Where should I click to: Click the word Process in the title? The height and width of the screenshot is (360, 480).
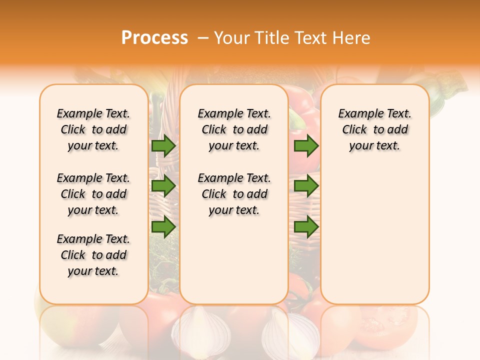(x=154, y=38)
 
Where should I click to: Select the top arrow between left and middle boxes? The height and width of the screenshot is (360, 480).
(x=163, y=145)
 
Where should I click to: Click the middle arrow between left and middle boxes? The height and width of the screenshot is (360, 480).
(x=163, y=186)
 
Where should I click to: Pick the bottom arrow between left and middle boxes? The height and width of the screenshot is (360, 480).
(x=163, y=226)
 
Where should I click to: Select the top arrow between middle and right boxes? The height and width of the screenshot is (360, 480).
(x=306, y=145)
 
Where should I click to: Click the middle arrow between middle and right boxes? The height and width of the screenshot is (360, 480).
(x=306, y=186)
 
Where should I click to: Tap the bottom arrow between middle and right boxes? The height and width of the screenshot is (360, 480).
(x=306, y=226)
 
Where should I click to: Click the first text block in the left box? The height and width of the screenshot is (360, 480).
(x=93, y=129)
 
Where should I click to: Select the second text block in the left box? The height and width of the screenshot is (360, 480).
(x=93, y=194)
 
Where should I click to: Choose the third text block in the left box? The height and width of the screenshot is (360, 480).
(x=93, y=255)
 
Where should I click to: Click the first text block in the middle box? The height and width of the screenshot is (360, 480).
(x=234, y=129)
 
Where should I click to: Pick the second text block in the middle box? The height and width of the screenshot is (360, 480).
(x=234, y=194)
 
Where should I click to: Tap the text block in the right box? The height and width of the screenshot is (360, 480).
(x=374, y=129)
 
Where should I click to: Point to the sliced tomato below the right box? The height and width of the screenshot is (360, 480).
(x=390, y=325)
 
